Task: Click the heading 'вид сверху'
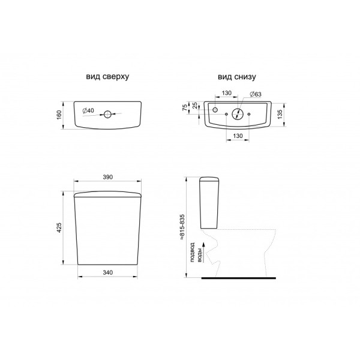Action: (x=107, y=77)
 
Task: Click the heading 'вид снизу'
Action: (x=237, y=77)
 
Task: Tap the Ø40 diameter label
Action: (x=88, y=110)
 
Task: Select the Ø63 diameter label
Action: (x=256, y=94)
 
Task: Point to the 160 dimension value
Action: (x=59, y=115)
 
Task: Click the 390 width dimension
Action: (x=107, y=177)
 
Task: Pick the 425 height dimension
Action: (x=59, y=227)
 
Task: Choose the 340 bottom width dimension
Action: (x=107, y=272)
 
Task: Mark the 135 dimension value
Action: (x=280, y=114)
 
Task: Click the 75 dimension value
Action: (x=185, y=107)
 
